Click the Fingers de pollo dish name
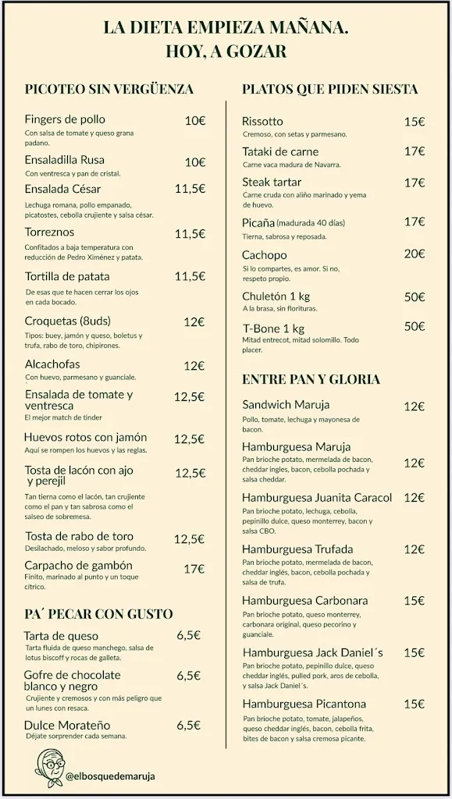coord(64,119)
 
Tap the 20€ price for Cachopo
coord(414,254)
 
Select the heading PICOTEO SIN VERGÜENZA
coord(109,89)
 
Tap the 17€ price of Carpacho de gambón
coord(194,568)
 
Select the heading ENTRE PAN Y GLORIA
coord(311,379)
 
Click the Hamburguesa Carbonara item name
coord(294,600)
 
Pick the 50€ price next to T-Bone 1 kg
coord(414,326)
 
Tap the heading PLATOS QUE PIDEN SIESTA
coord(330,89)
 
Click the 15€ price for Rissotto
coord(414,122)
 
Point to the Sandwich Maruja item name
coord(286,405)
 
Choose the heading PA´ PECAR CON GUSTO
coord(99,614)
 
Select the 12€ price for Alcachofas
coord(194,365)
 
